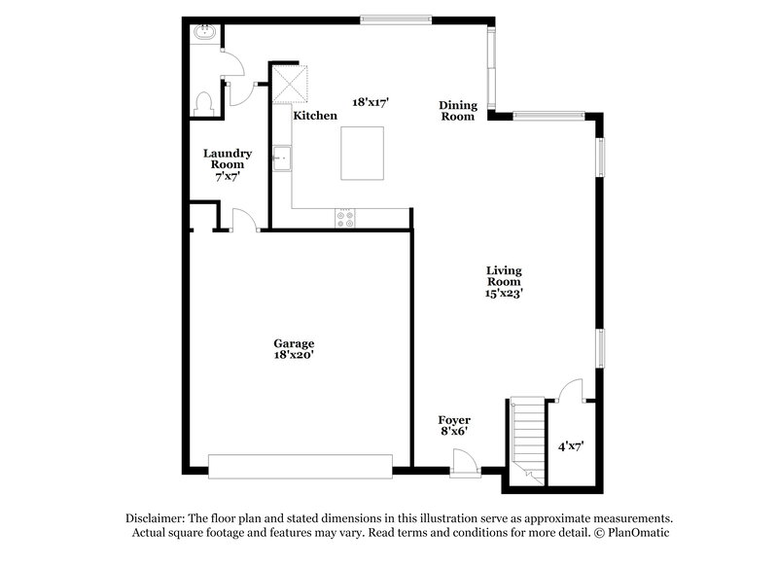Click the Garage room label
tap(293, 343)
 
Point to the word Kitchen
tap(316, 116)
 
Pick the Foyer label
tap(454, 419)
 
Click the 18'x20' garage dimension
tap(293, 356)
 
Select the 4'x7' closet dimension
tap(570, 446)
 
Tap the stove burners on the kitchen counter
tap(346, 219)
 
